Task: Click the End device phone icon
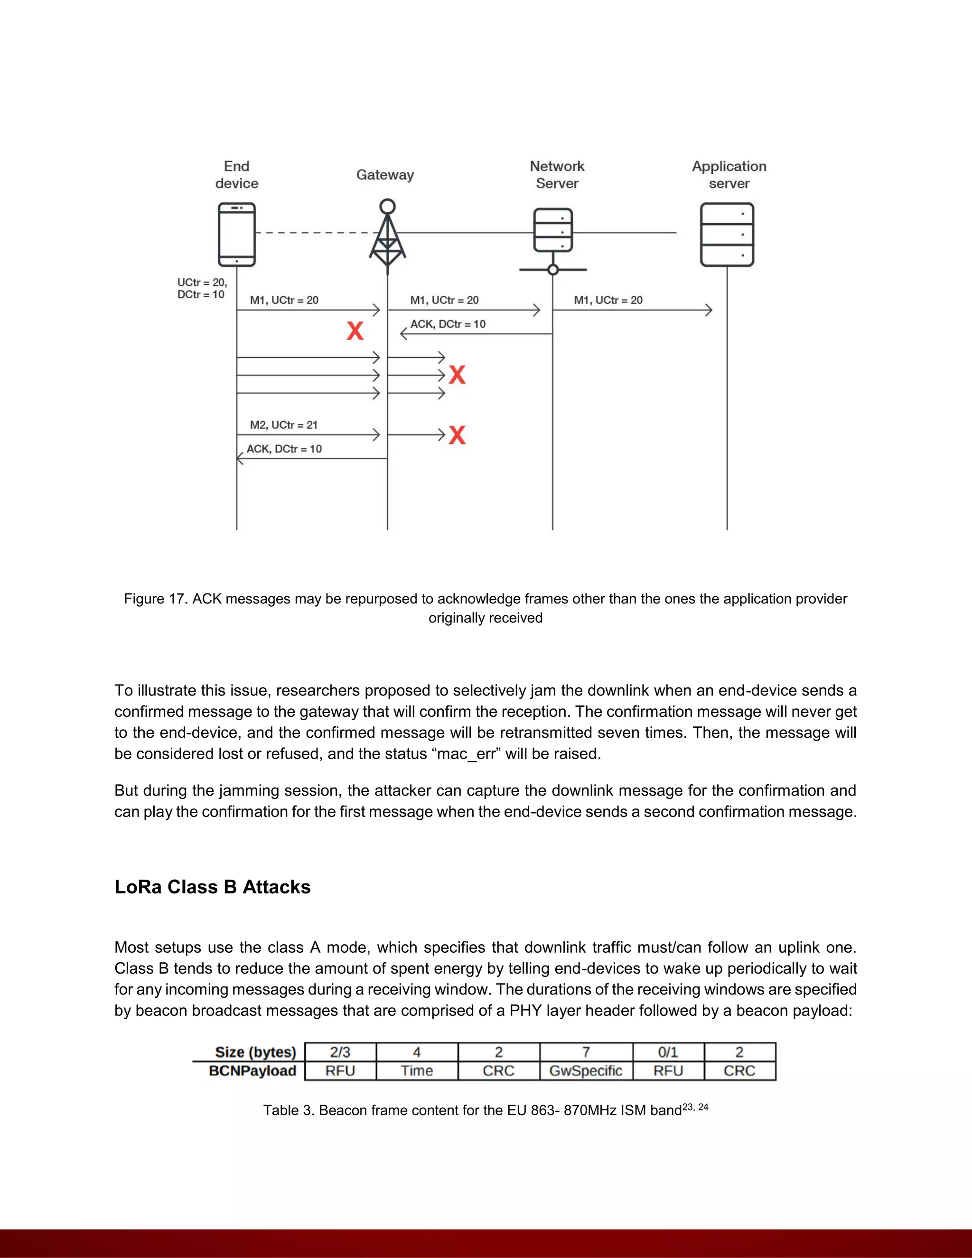237,234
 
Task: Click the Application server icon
727,235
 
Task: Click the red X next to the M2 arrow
457,435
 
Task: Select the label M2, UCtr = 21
283,425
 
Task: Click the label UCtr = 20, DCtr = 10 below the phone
202,289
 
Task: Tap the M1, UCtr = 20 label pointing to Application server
608,300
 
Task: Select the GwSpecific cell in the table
586,1071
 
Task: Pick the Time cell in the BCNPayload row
416,1071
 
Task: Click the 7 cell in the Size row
586,1052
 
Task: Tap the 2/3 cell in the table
340,1052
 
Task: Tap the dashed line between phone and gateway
314,233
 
